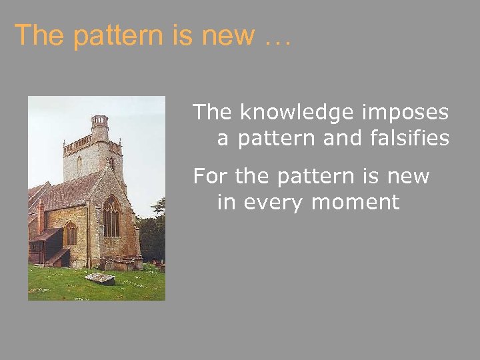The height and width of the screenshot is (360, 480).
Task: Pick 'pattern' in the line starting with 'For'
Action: point(317,177)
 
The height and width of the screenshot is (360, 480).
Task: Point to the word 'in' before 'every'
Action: point(227,202)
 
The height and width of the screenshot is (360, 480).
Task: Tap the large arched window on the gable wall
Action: point(111,217)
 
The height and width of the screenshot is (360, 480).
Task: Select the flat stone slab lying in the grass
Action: point(100,278)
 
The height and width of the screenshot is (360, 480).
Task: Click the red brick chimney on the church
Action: point(41,217)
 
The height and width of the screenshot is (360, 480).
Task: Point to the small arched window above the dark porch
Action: point(70,233)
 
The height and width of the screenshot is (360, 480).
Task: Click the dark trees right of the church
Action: point(153,233)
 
